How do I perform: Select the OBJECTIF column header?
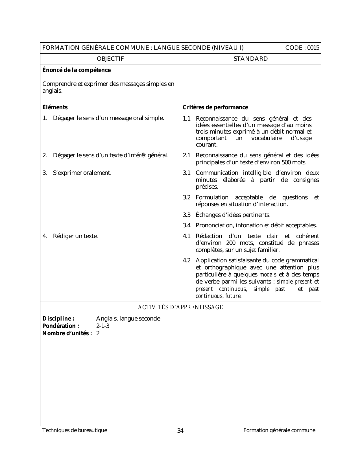coord(110,59)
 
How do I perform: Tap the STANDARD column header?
coord(251,59)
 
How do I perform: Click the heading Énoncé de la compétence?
coord(77,70)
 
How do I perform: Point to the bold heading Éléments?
coord(55,107)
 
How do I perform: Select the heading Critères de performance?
coord(215,107)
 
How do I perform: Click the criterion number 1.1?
coord(187,118)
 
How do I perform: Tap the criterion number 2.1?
coord(187,155)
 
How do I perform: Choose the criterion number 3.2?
coord(187,197)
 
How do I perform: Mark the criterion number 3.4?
coord(187,225)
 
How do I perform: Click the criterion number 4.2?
coord(187,260)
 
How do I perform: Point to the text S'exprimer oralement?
coord(82,173)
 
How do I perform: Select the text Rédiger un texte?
coord(75,236)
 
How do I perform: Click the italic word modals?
coord(268,275)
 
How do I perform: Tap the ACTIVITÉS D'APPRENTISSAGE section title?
coord(180,307)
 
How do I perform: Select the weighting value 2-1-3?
coord(103,326)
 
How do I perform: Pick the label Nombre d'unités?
coord(67,333)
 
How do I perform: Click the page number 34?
coord(180,431)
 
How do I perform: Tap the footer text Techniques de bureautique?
coord(75,430)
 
